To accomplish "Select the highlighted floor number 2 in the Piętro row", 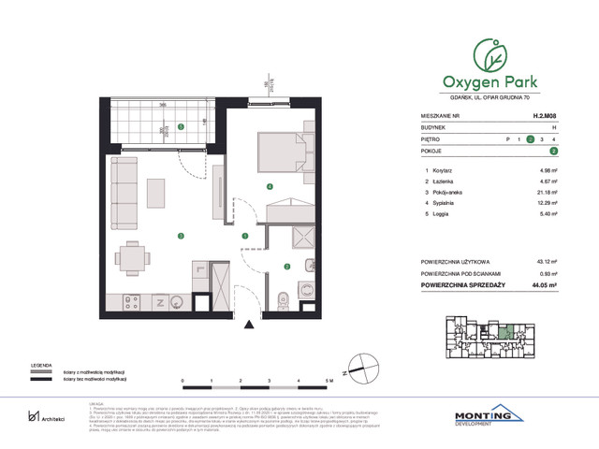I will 531,139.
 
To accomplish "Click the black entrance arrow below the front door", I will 248,325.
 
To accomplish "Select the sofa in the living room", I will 121,194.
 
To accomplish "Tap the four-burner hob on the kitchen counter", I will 130,301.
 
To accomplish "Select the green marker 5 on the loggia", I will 182,127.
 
